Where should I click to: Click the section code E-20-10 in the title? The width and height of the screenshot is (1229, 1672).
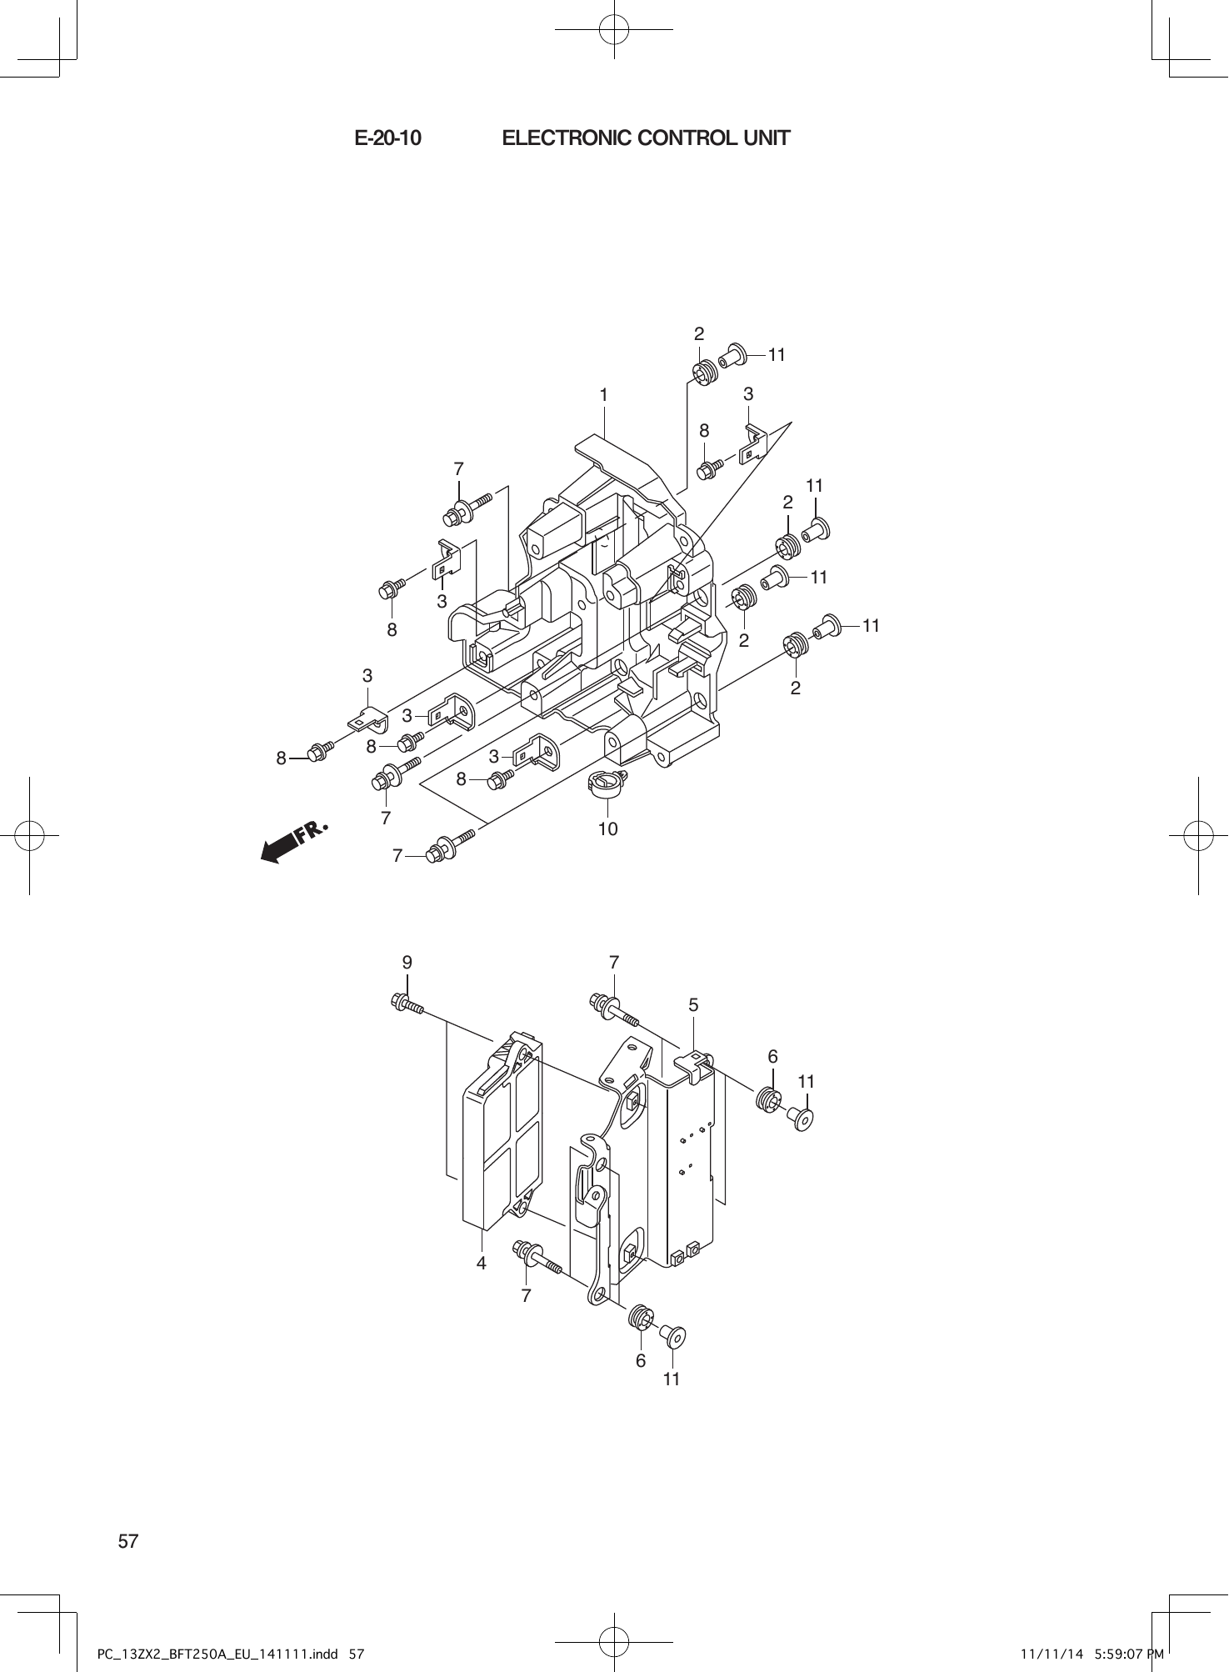387,138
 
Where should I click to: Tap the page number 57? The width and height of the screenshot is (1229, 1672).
127,1541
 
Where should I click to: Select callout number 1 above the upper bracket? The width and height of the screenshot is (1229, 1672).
602,394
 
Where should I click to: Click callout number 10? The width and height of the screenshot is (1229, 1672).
607,828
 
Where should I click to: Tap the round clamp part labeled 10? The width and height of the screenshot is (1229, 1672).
607,783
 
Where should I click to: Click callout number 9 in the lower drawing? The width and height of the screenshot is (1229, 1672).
407,962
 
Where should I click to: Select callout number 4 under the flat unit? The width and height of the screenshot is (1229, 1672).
482,1263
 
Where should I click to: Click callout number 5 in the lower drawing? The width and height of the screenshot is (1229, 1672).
693,1005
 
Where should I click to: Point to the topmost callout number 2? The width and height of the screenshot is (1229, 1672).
699,334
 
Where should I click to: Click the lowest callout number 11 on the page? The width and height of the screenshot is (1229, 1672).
672,1379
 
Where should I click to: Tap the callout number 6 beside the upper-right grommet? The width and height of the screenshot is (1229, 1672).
773,1057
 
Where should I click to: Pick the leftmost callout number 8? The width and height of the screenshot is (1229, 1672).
282,758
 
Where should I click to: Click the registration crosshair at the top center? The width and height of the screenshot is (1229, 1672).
614,29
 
